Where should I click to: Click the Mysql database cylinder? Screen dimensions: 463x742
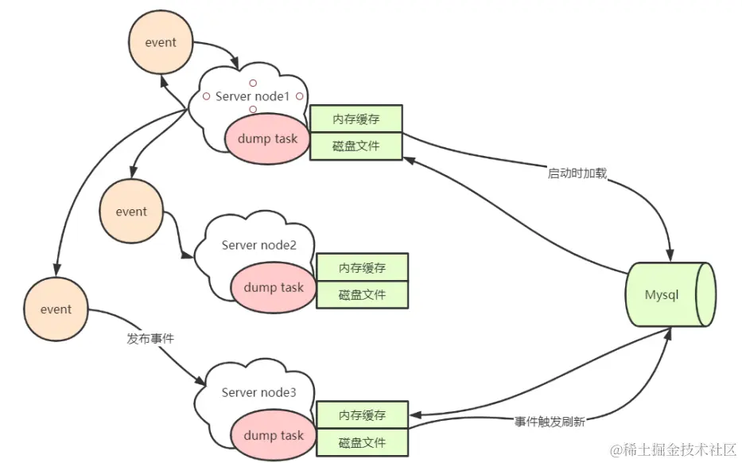(x=670, y=294)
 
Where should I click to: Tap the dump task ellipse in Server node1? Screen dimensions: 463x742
(x=262, y=138)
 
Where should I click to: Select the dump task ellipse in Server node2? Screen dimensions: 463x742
(x=274, y=287)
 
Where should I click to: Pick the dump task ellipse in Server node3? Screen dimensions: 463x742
(x=274, y=435)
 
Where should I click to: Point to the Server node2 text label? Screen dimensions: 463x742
(x=258, y=244)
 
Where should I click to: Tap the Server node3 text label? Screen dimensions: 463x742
(x=258, y=392)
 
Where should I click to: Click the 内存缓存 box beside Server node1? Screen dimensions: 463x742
(x=355, y=119)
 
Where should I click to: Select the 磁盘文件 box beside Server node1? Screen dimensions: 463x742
(x=355, y=146)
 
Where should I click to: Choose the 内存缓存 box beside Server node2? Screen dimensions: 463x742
(x=362, y=267)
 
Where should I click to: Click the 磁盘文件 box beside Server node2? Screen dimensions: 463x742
(x=362, y=294)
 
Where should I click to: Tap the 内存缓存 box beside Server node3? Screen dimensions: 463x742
(x=362, y=415)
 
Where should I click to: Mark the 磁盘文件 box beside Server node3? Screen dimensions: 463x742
(x=362, y=442)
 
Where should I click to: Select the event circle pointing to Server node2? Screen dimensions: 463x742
(x=131, y=212)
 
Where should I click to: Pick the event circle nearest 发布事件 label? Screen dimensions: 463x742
(x=56, y=309)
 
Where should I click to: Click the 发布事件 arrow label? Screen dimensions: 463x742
(x=150, y=338)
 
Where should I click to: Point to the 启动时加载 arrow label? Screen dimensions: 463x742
(x=577, y=173)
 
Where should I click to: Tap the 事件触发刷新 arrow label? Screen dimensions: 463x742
(x=550, y=422)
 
